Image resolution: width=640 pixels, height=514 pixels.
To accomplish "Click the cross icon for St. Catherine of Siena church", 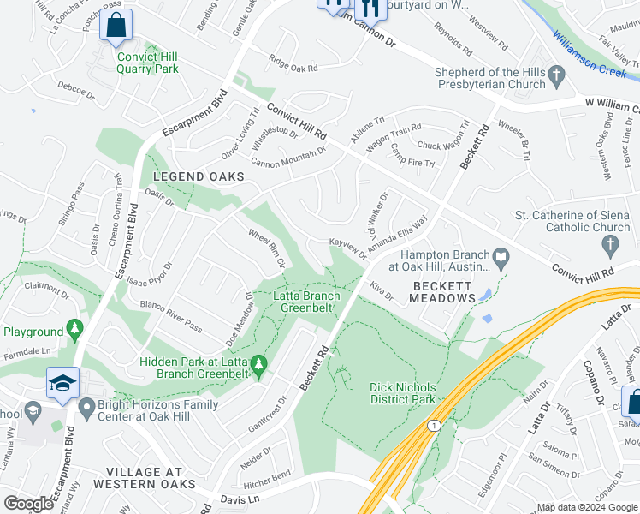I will point(610,246).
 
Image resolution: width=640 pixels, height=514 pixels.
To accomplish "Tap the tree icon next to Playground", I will point(75,330).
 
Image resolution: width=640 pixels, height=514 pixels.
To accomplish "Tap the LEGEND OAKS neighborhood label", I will point(199,176).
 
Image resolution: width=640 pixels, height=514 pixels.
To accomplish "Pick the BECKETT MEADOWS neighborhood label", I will point(443,291).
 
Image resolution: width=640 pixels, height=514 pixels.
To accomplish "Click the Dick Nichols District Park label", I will point(402,392).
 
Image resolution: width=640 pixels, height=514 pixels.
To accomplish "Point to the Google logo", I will point(29,503).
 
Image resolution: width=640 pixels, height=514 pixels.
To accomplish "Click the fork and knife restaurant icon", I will point(370,7).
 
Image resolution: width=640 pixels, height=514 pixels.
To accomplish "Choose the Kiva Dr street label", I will point(381,290).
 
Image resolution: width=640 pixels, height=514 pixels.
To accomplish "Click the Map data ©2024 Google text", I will point(586,507).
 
